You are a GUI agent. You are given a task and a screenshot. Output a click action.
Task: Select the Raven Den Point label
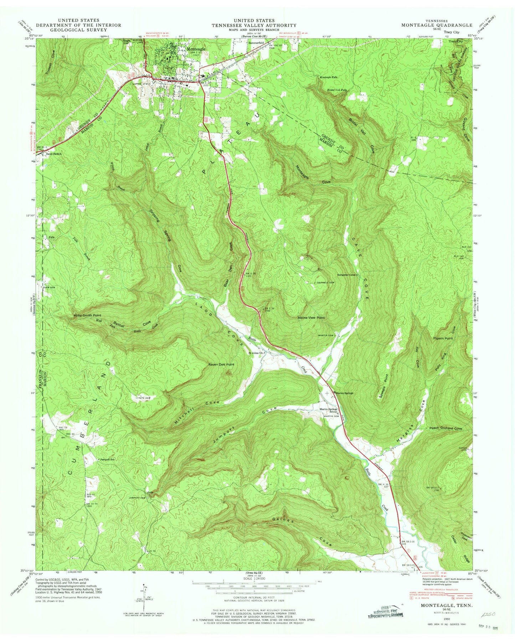[x=221, y=365]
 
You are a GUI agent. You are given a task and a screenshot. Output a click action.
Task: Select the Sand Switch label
[x=54, y=154]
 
